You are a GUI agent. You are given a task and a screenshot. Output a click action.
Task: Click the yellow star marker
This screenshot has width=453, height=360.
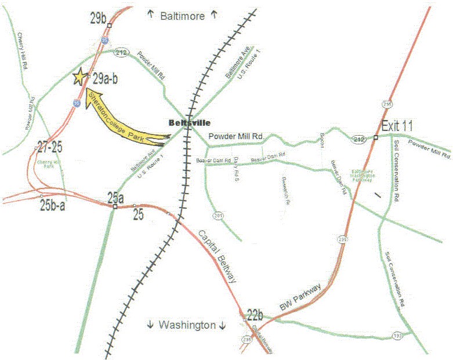[79, 77]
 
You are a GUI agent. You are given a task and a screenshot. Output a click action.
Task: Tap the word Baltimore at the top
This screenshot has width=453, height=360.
[182, 16]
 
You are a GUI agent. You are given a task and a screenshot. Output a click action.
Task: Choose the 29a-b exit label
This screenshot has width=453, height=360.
[106, 78]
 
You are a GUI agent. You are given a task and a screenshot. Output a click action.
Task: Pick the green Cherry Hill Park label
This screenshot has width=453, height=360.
[49, 164]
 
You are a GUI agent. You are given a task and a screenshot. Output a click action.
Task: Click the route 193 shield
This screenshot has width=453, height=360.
[396, 336]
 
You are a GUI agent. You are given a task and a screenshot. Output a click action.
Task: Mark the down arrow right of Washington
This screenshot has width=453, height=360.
[222, 325]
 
